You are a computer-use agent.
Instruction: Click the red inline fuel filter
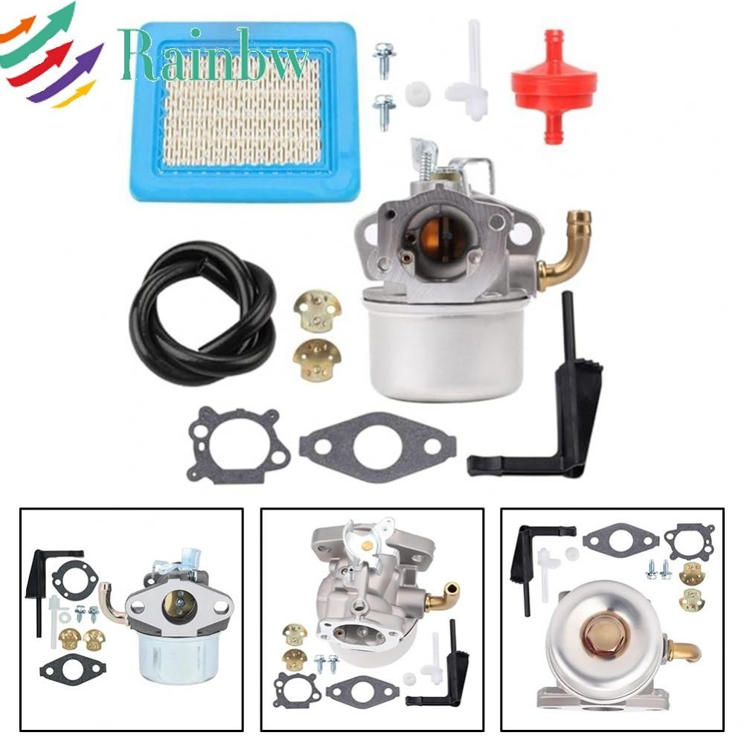550,86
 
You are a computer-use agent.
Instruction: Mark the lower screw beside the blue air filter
384,110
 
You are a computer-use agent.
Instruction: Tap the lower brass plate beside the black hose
316,359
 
